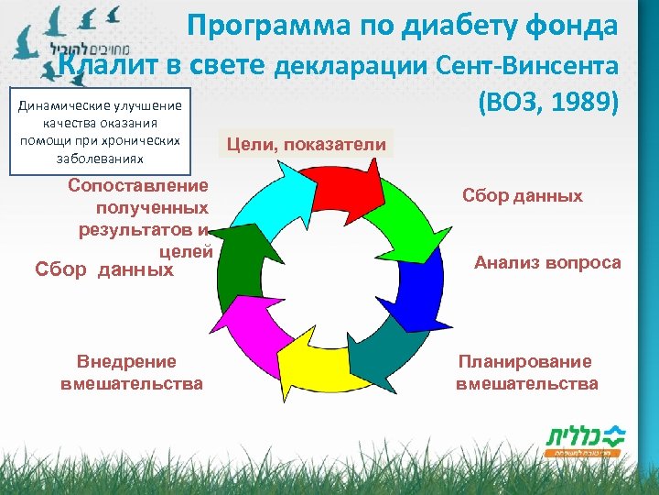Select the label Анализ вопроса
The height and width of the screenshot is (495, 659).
pos(546,263)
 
